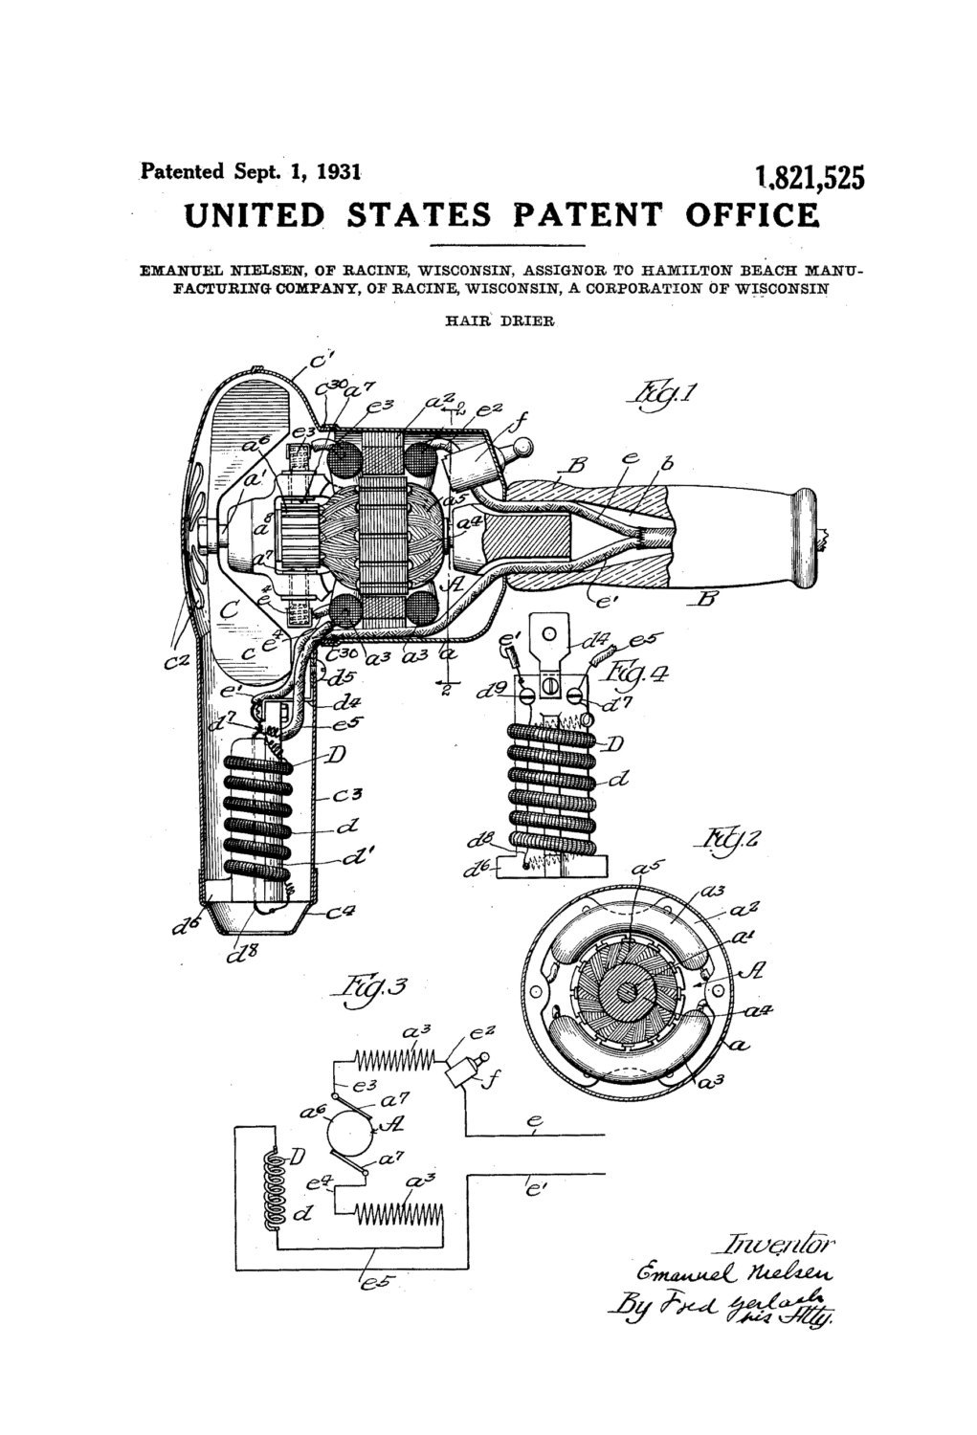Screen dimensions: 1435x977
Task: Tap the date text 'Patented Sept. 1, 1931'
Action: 251,171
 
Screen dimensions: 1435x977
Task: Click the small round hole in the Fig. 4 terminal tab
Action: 549,634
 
